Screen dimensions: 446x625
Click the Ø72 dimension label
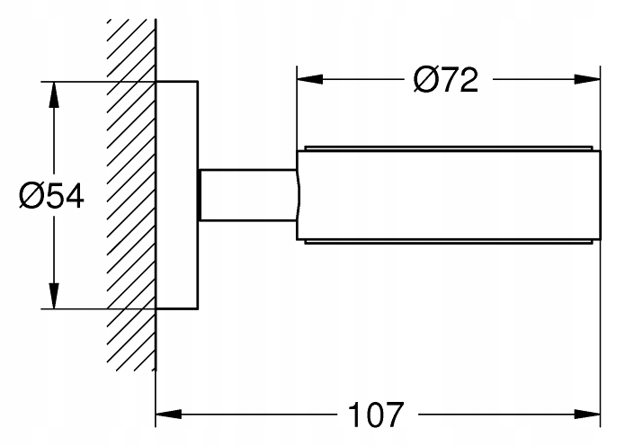click(x=445, y=81)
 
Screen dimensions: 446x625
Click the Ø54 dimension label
click(x=52, y=194)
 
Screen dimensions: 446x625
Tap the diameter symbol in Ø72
click(x=426, y=81)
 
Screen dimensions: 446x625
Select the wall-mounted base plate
click(x=176, y=194)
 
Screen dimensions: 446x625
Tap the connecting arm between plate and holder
click(x=247, y=194)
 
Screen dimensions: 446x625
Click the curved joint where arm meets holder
click(x=297, y=194)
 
